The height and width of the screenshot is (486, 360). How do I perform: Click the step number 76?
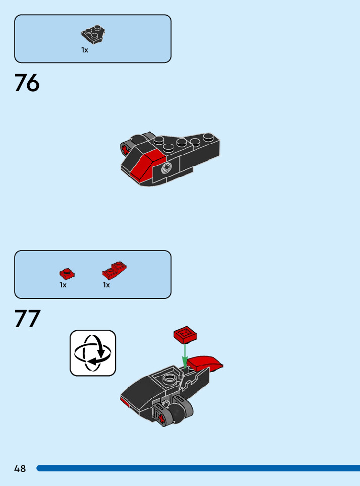[x=27, y=83]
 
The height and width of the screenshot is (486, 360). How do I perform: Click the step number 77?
[x=27, y=319]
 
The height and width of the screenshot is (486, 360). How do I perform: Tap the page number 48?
[x=20, y=469]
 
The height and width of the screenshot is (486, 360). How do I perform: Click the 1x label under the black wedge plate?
[x=85, y=50]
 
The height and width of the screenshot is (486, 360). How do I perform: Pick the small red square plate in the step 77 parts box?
[x=67, y=274]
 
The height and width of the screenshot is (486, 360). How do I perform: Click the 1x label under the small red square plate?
[x=63, y=285]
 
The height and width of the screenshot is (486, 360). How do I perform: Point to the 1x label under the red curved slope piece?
[x=106, y=285]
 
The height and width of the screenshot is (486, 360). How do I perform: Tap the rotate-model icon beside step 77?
[x=93, y=353]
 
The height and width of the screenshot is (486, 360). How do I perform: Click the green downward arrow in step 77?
[x=185, y=355]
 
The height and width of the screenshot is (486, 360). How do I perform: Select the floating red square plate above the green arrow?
[x=185, y=335]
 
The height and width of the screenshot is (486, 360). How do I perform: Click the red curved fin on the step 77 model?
[x=206, y=362]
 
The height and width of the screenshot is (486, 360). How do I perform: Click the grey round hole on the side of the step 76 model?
[x=165, y=169]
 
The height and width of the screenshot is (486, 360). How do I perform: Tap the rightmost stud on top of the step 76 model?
[x=211, y=137]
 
